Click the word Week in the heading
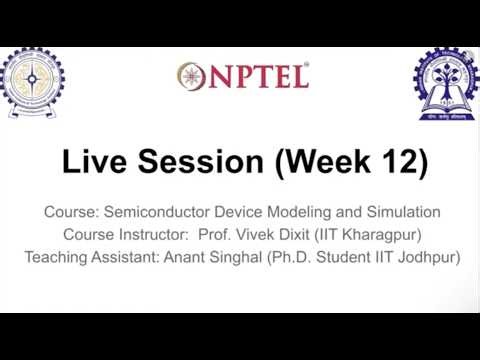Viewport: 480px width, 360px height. click(322, 162)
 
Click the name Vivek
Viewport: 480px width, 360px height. click(258, 235)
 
